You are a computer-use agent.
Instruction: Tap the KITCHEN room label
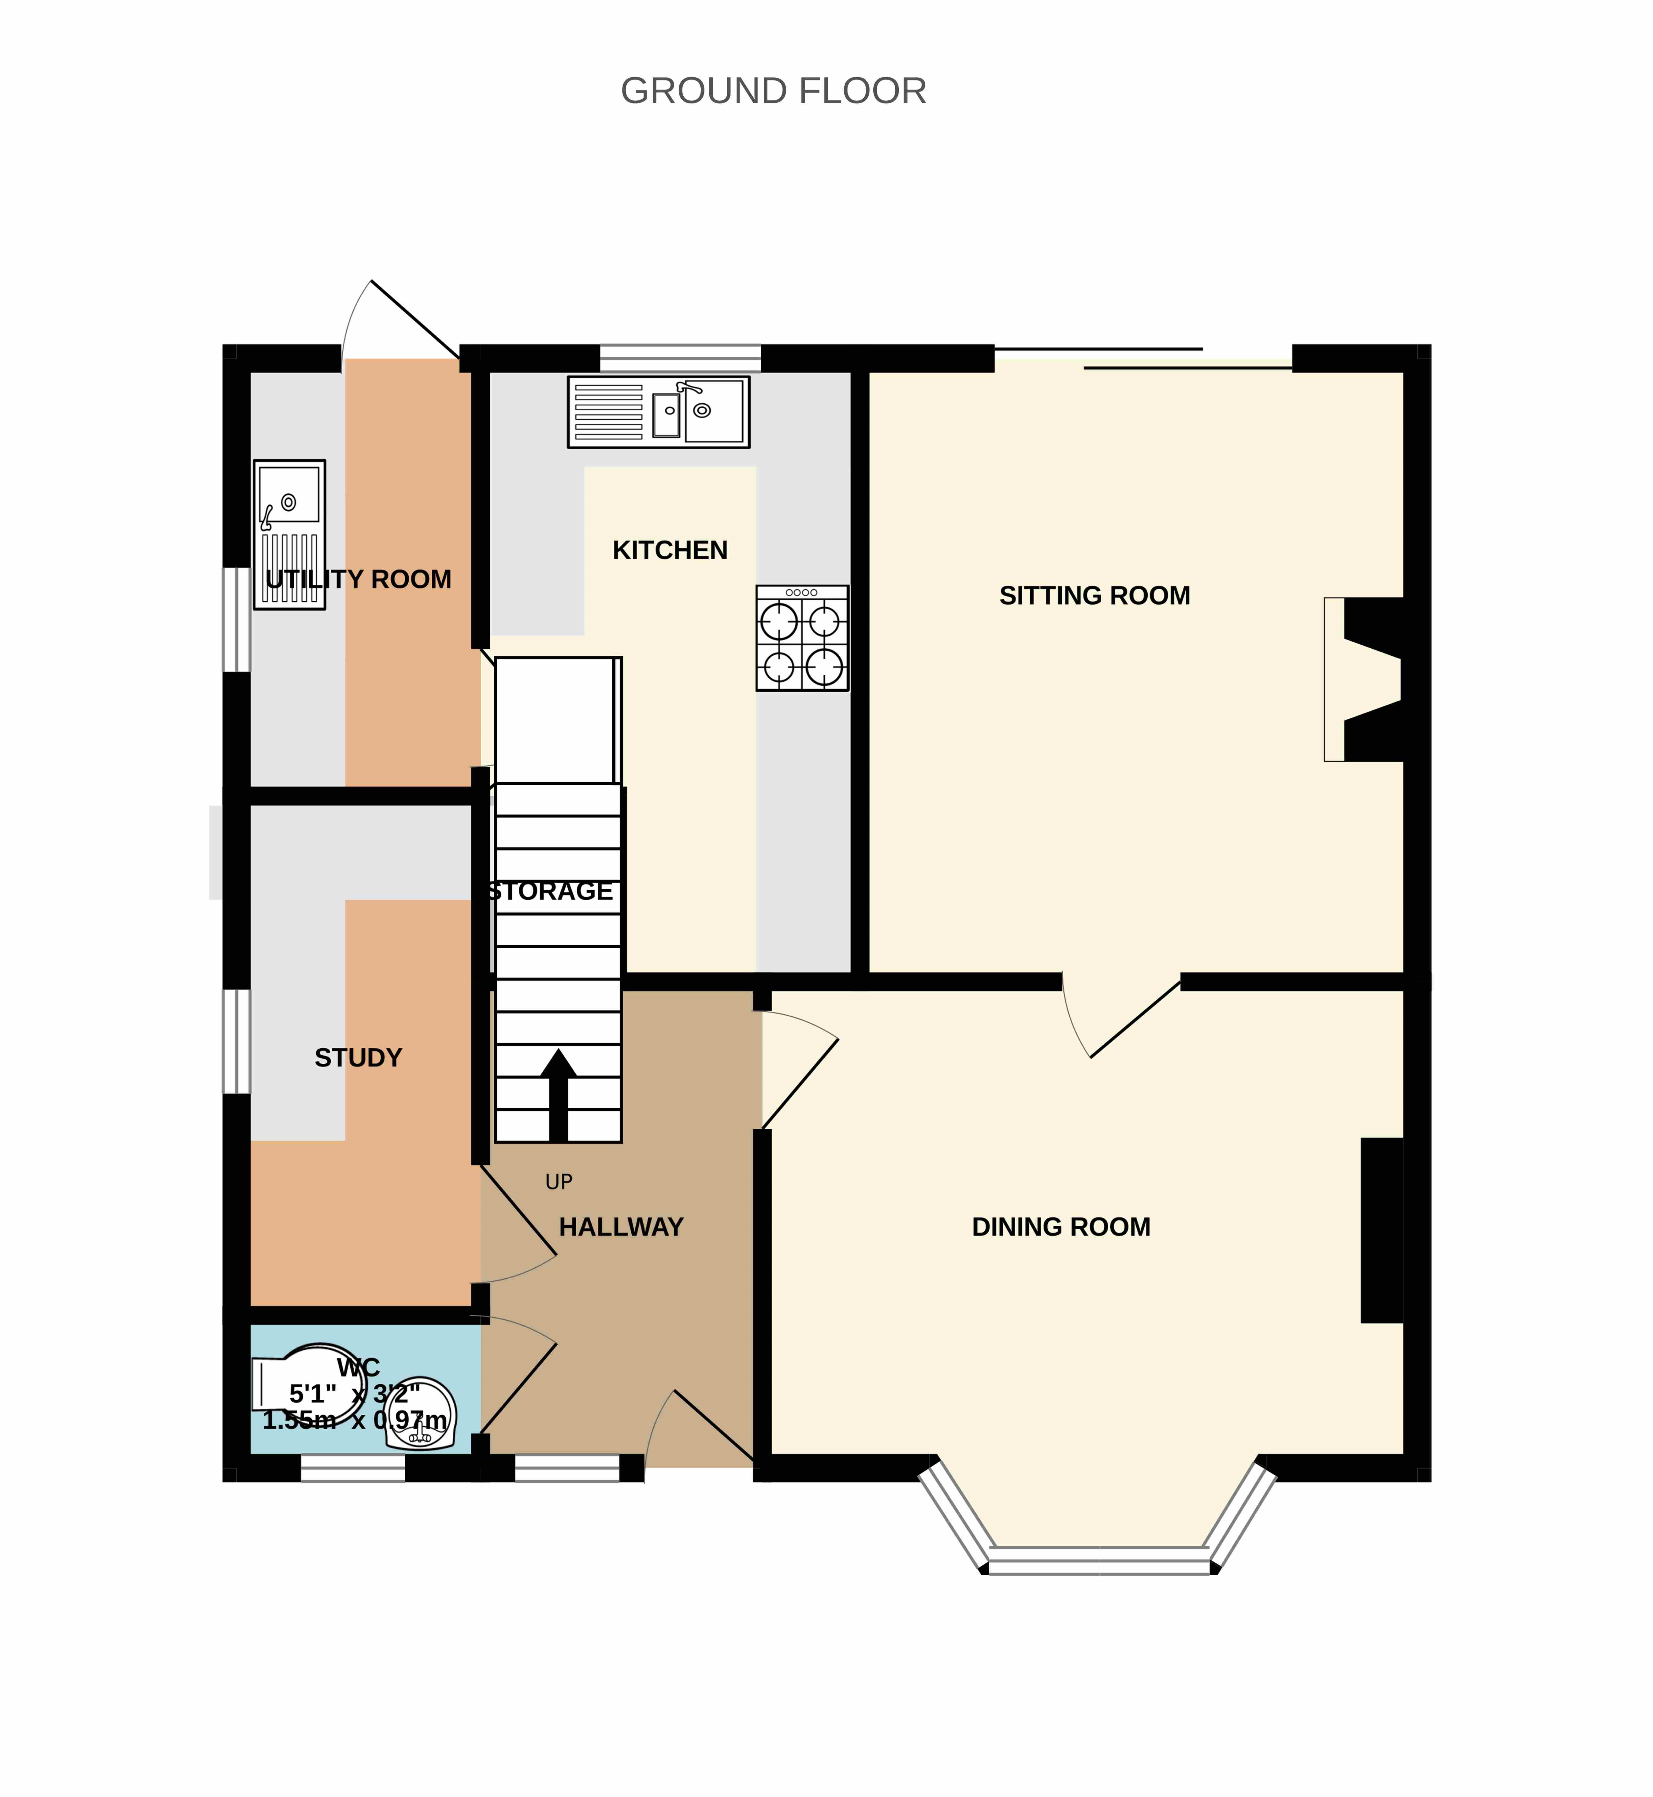pyautogui.click(x=670, y=550)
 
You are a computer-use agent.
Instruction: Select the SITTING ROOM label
pyautogui.click(x=1095, y=596)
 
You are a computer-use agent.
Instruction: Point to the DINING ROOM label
pyautogui.click(x=1062, y=1226)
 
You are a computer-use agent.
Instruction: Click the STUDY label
pyautogui.click(x=359, y=1058)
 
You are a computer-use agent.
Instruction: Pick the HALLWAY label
pyautogui.click(x=622, y=1226)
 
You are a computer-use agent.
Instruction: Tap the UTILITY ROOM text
pyautogui.click(x=359, y=580)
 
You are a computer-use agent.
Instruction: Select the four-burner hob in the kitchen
pyautogui.click(x=802, y=638)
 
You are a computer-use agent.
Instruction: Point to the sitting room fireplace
pyautogui.click(x=1364, y=680)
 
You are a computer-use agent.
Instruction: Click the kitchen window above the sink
pyautogui.click(x=680, y=358)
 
